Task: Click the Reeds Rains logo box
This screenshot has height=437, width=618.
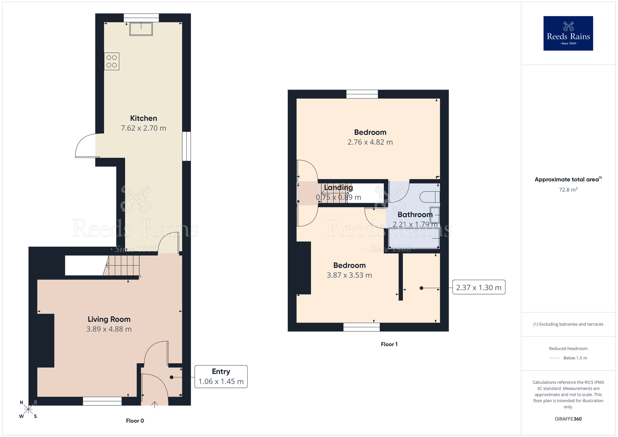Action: [568, 33]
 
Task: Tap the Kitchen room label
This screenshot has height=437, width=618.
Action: [143, 118]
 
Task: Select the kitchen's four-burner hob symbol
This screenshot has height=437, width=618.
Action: [112, 62]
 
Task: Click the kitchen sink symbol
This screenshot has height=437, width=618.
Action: [141, 29]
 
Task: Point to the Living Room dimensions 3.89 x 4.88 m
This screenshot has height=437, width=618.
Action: [109, 329]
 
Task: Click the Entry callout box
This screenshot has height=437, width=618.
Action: [221, 376]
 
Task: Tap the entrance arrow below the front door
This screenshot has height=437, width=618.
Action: [154, 404]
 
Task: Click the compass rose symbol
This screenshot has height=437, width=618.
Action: [28, 409]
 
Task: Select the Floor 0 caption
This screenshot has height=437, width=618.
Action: [135, 421]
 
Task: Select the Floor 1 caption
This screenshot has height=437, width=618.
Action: [389, 344]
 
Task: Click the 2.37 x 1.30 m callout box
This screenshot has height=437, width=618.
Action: [479, 287]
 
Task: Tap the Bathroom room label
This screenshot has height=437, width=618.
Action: [415, 214]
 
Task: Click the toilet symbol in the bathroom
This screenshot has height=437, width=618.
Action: [430, 197]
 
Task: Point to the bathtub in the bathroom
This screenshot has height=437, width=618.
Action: [414, 238]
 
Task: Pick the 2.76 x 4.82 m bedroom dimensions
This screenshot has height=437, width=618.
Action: [370, 142]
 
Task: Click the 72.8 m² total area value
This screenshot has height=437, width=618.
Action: [568, 190]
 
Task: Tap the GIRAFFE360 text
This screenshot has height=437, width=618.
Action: [568, 419]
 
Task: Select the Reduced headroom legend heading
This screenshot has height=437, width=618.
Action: [568, 349]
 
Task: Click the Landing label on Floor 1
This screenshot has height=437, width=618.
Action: [338, 188]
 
